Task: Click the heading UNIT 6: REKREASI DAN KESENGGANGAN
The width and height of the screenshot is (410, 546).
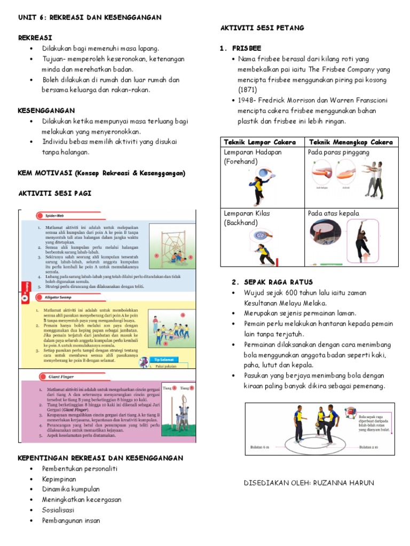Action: [x=90, y=18]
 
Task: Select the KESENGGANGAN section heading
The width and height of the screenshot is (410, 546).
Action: [x=46, y=110]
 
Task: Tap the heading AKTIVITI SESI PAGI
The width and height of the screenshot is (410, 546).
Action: [x=55, y=193]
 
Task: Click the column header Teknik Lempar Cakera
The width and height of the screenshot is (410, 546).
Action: [x=262, y=142]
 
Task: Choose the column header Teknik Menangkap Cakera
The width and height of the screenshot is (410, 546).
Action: [x=351, y=142]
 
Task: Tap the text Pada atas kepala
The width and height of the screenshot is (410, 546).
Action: [x=334, y=213]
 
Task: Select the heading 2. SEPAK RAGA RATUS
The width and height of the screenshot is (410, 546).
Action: [x=272, y=282]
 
